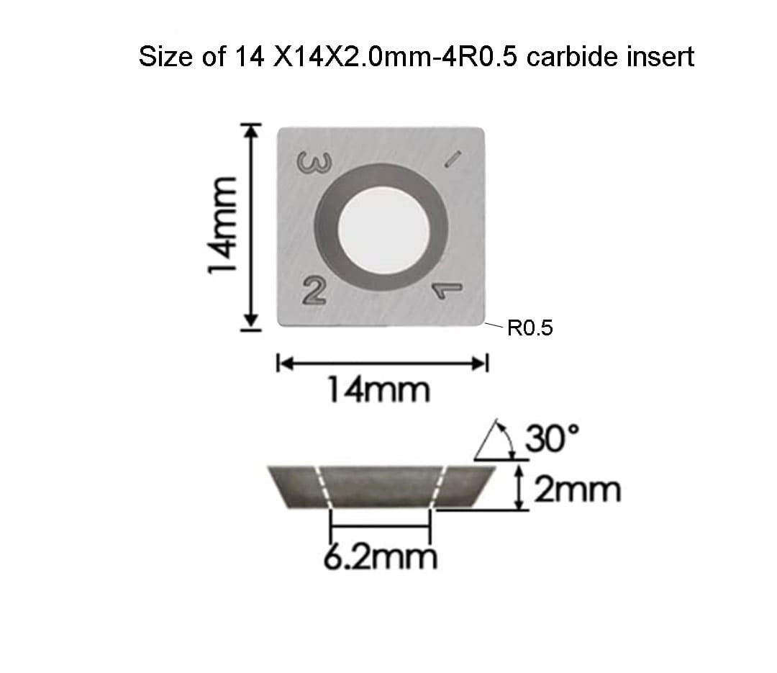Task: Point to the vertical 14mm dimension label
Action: click(220, 227)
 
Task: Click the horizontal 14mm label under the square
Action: click(378, 391)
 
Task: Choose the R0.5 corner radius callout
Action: click(530, 330)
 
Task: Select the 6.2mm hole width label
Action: click(380, 556)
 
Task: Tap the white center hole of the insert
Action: click(383, 227)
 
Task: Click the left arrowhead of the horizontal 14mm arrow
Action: click(282, 363)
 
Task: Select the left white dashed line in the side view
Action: click(322, 487)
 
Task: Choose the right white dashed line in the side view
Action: click(440, 487)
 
